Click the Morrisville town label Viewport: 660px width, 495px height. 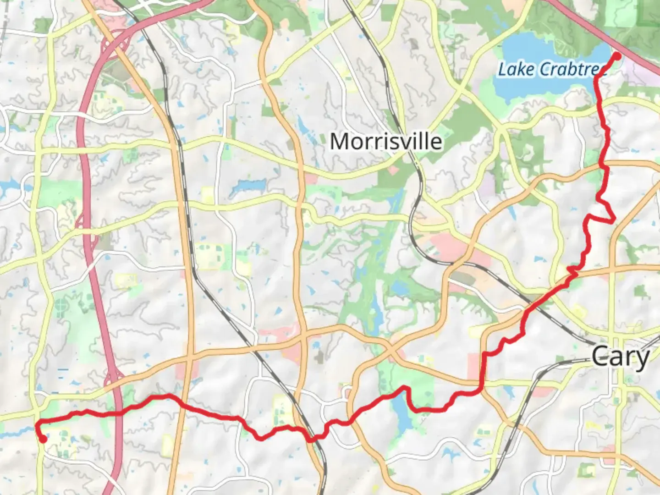tap(386, 141)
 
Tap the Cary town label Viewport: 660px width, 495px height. tap(620, 357)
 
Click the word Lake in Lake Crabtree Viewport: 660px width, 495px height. tap(516, 70)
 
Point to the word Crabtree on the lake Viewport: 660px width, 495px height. tap(573, 70)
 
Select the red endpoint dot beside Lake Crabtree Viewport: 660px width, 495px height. tap(617, 56)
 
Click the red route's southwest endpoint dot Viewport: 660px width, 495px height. tap(43, 439)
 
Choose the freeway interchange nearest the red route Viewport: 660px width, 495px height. tap(113, 380)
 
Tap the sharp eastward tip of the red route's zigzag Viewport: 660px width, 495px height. tap(614, 221)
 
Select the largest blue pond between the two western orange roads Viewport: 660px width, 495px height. tap(247, 186)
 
